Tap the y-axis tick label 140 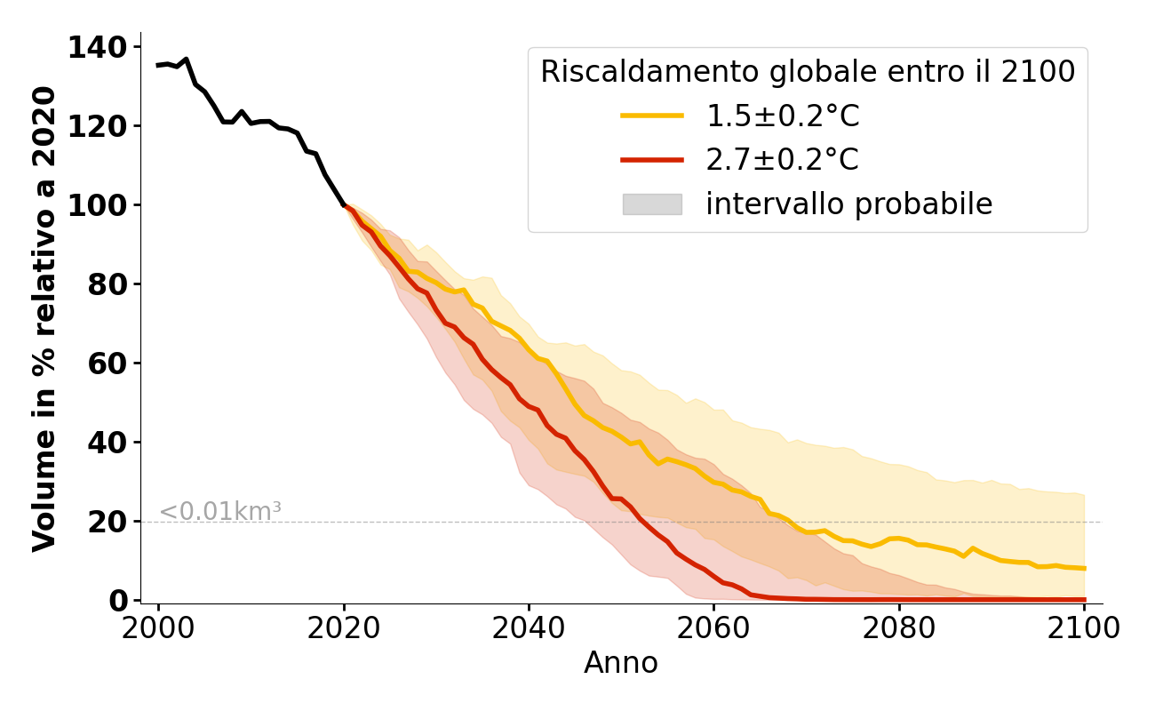point(98,47)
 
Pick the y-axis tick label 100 point(98,205)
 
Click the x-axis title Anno point(621,664)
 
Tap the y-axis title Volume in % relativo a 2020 point(44,319)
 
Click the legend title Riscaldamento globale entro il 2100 point(808,72)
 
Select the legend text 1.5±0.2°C point(783,116)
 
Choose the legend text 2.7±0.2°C point(783,160)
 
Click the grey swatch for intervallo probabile point(652,204)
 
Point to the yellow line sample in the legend point(652,116)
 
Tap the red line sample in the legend point(652,160)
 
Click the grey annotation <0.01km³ point(220,512)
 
